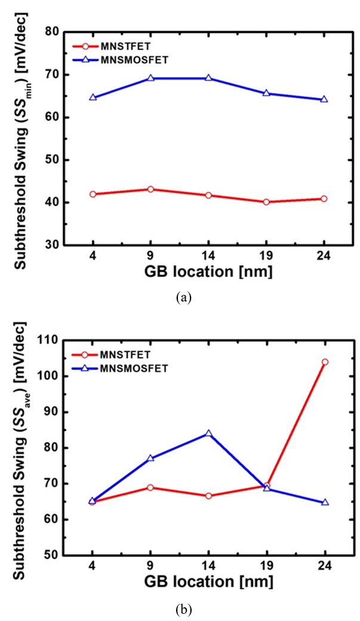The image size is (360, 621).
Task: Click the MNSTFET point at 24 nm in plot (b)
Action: click(325, 362)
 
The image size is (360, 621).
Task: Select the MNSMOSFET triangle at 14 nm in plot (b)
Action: click(208, 434)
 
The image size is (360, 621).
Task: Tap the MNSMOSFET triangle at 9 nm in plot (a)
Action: click(150, 78)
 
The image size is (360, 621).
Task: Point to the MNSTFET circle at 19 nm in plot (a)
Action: click(267, 202)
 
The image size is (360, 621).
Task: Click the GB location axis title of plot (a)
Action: click(208, 272)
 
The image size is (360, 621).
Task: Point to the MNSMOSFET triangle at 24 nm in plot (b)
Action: click(325, 503)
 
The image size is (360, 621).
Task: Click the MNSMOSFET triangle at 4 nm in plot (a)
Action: click(93, 97)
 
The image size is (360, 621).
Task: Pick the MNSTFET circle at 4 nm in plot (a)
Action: click(93, 194)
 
